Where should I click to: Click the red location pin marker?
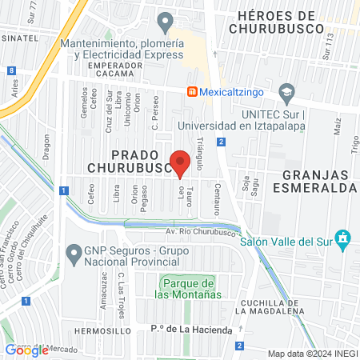[181, 163]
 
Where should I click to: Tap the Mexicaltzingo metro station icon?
[192, 91]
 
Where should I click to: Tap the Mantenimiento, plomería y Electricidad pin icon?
[166, 21]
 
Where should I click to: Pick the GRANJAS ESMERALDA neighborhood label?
[318, 181]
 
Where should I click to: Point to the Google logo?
[26, 350]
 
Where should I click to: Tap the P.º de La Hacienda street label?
[190, 330]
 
